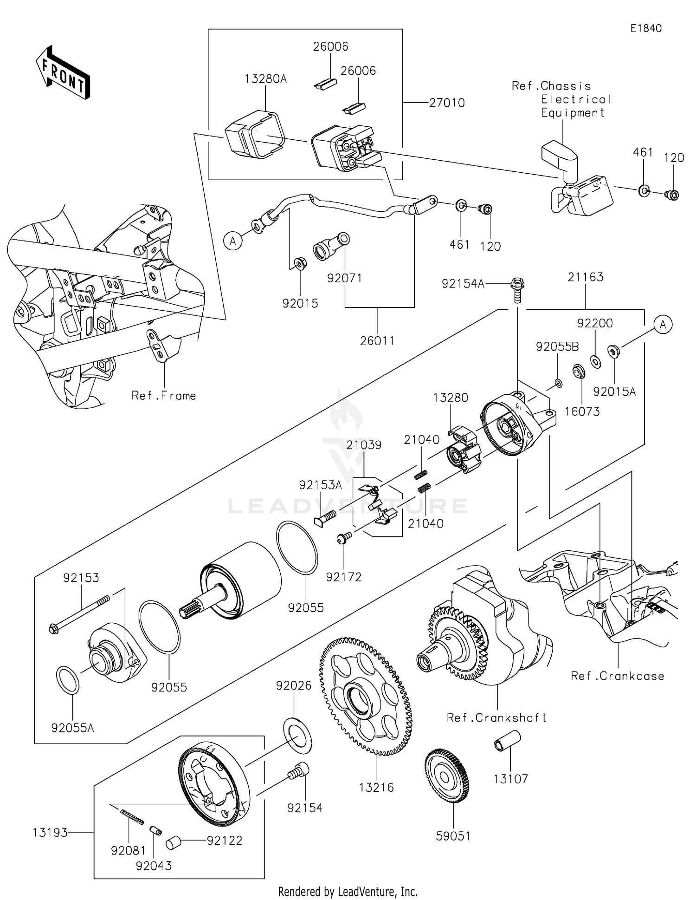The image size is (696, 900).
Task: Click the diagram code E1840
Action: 646,28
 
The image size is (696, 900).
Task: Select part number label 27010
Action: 446,103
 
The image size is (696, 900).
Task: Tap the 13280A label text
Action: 266,79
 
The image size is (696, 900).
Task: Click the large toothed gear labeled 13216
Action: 365,697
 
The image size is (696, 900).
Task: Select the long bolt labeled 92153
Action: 79,615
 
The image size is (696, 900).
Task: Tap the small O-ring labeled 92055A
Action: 67,680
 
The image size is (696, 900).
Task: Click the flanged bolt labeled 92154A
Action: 518,288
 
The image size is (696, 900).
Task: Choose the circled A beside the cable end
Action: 233,241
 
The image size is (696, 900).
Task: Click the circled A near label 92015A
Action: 663,324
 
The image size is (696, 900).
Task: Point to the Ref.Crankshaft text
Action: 496,717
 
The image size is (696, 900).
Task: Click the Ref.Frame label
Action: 164,396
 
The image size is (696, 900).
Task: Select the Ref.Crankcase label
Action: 617,676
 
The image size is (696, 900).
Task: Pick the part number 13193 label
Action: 50,833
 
